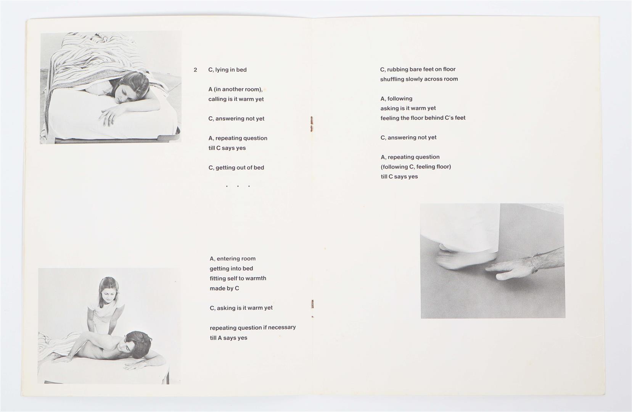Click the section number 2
pyautogui.click(x=195, y=70)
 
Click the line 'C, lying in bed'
pyautogui.click(x=227, y=70)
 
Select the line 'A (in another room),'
pyautogui.click(x=235, y=89)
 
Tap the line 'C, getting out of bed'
pyautogui.click(x=236, y=167)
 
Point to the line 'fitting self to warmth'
pyautogui.click(x=238, y=278)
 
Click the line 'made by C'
pyautogui.click(x=224, y=288)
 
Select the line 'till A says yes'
pyautogui.click(x=228, y=338)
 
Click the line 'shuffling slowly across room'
pyautogui.click(x=419, y=79)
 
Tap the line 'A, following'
pyautogui.click(x=396, y=98)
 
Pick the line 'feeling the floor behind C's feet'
pyautogui.click(x=423, y=118)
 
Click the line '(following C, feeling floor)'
pyautogui.click(x=416, y=167)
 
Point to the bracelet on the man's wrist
pyautogui.click(x=534, y=264)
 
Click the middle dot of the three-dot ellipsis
pyautogui.click(x=238, y=186)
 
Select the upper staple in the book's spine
pyautogui.click(x=312, y=124)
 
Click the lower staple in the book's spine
pyautogui.click(x=312, y=304)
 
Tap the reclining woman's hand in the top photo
pyautogui.click(x=109, y=115)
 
